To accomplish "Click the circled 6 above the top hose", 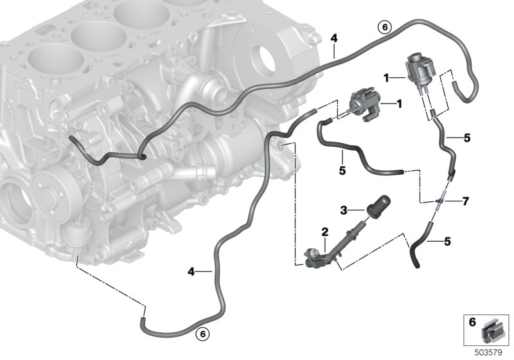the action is tap(385, 27).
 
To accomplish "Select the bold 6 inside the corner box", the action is tap(472, 322).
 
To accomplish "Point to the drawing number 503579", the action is tap(488, 353).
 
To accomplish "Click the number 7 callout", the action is tap(465, 201).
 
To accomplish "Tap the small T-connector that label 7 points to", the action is tap(439, 201).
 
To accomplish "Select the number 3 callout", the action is tap(344, 210).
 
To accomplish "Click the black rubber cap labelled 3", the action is tap(378, 206).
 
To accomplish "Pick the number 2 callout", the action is tap(324, 232).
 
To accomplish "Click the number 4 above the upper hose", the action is tap(333, 39).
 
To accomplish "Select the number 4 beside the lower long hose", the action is tap(191, 271).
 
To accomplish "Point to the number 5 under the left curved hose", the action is tap(342, 170).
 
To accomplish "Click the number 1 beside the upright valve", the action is tap(387, 78).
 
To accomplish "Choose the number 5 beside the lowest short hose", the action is tap(447, 242).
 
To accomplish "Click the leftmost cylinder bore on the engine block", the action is tap(56, 60).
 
